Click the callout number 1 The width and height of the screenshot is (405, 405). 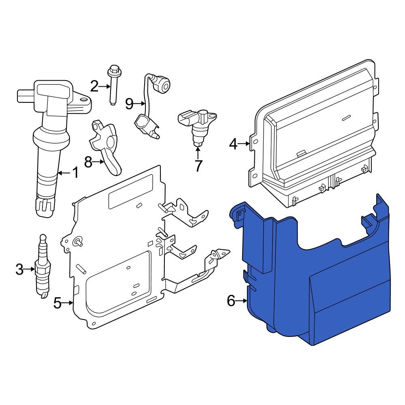pyautogui.click(x=76, y=173)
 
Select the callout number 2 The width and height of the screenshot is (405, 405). pyautogui.click(x=94, y=86)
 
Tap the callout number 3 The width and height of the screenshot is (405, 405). pyautogui.click(x=19, y=269)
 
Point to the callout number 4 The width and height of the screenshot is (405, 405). pyautogui.click(x=233, y=143)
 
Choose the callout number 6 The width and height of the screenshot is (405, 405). pyautogui.click(x=231, y=301)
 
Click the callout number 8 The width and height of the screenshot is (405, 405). pyautogui.click(x=88, y=162)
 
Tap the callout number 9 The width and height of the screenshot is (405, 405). pyautogui.click(x=129, y=104)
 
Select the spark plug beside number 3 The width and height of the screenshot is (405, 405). pyautogui.click(x=43, y=267)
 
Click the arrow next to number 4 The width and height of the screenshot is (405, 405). pyautogui.click(x=244, y=143)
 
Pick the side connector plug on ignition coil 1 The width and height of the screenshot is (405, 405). pyautogui.click(x=25, y=96)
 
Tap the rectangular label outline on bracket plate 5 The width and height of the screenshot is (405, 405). pyautogui.click(x=130, y=192)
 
